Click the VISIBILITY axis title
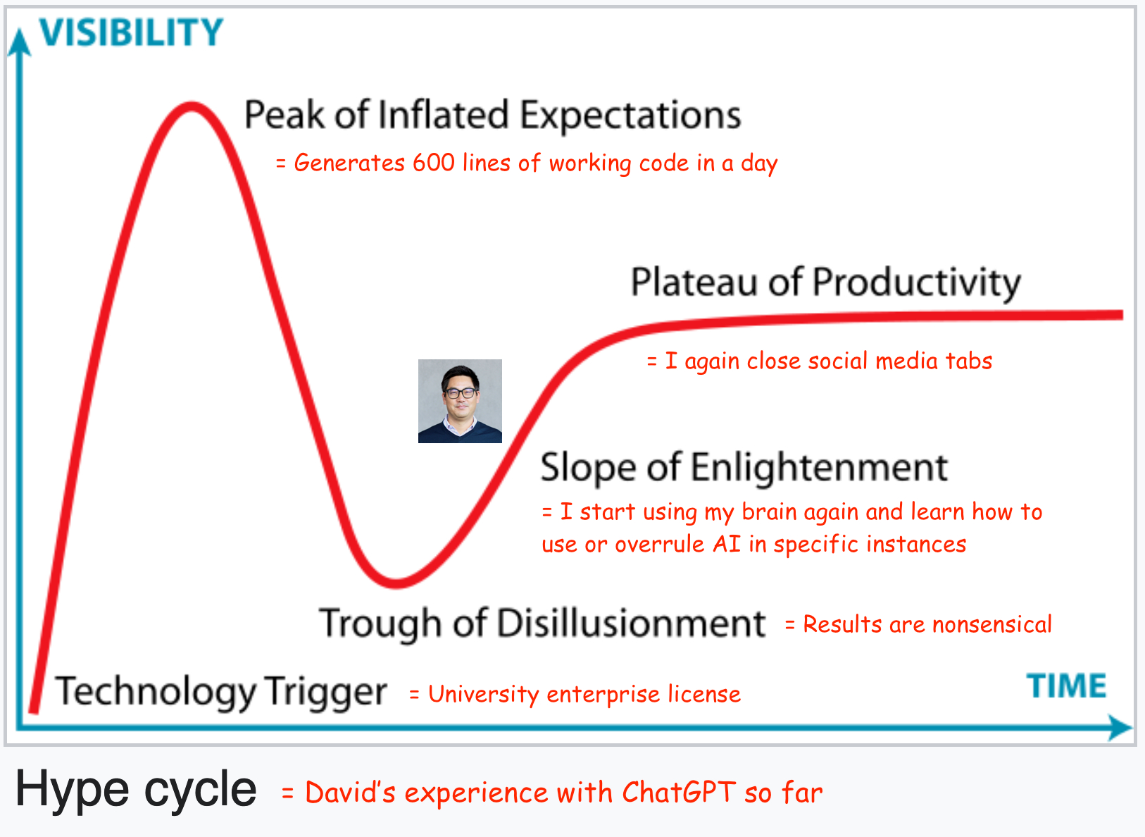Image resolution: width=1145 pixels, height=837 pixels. click(132, 32)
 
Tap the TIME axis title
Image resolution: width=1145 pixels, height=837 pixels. click(1066, 686)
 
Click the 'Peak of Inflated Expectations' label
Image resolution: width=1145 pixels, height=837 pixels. click(493, 116)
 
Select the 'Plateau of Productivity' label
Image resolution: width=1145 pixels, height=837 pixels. click(825, 283)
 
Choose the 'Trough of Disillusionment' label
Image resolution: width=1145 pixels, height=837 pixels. click(542, 624)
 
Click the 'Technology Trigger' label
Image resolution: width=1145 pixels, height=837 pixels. click(221, 692)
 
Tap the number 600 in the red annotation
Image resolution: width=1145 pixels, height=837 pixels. click(434, 163)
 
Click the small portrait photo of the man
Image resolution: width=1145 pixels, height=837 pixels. click(460, 402)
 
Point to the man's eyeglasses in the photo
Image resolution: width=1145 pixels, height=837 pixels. click(461, 393)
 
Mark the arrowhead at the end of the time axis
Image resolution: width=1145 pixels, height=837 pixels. click(1120, 727)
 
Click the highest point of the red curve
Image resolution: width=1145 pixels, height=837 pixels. click(191, 106)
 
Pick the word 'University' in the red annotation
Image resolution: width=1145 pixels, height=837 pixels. click(484, 695)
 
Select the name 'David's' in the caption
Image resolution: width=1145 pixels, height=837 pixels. click(351, 793)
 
